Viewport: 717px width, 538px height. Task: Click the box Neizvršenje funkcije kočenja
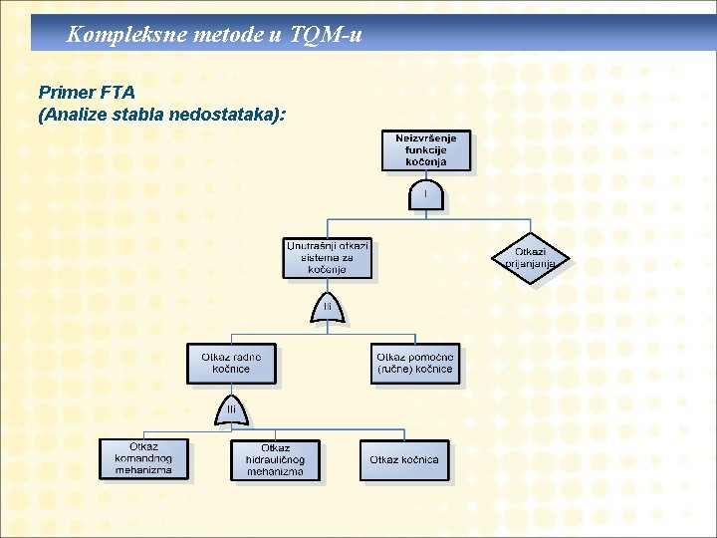pyautogui.click(x=426, y=149)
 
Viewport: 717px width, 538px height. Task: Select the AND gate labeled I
pyautogui.click(x=426, y=194)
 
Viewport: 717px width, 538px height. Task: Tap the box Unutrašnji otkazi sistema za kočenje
pyautogui.click(x=327, y=257)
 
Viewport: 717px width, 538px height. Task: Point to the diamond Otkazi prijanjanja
pyautogui.click(x=530, y=258)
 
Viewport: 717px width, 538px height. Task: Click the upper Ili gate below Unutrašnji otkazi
pyautogui.click(x=327, y=308)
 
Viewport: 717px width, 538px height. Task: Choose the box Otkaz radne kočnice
pyautogui.click(x=231, y=363)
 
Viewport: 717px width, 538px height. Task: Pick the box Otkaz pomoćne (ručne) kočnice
pyautogui.click(x=416, y=363)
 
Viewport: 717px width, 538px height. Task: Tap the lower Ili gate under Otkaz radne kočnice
pyautogui.click(x=231, y=409)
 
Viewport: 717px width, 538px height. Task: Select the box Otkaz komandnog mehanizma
pyautogui.click(x=143, y=458)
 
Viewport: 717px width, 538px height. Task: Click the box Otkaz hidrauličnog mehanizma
pyautogui.click(x=276, y=459)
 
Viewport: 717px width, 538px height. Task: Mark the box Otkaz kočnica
pyautogui.click(x=404, y=459)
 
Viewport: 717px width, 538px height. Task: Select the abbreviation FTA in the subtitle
pyautogui.click(x=119, y=94)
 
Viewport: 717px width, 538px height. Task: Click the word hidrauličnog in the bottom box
pyautogui.click(x=276, y=460)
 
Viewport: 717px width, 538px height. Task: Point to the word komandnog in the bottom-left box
pyautogui.click(x=143, y=458)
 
